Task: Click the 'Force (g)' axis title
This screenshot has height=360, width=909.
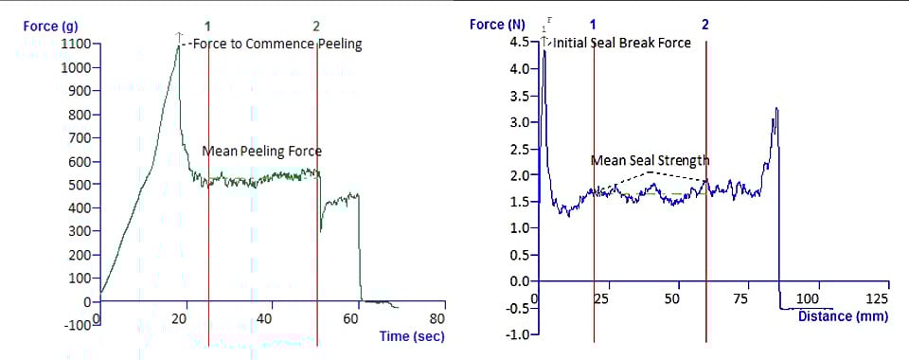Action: [43, 26]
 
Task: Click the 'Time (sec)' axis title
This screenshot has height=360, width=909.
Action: [411, 336]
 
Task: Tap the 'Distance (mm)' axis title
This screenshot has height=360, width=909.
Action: [843, 316]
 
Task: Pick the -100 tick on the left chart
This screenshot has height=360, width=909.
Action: [78, 325]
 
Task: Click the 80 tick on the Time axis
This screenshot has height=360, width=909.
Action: [438, 319]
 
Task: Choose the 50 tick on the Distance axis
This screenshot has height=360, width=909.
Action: [672, 299]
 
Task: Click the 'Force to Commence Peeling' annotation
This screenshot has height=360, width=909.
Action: [276, 44]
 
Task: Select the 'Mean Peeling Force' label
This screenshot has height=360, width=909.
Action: [261, 151]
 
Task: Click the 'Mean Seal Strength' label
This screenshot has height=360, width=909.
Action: [650, 160]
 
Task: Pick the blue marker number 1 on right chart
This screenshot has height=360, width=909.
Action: [593, 22]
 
